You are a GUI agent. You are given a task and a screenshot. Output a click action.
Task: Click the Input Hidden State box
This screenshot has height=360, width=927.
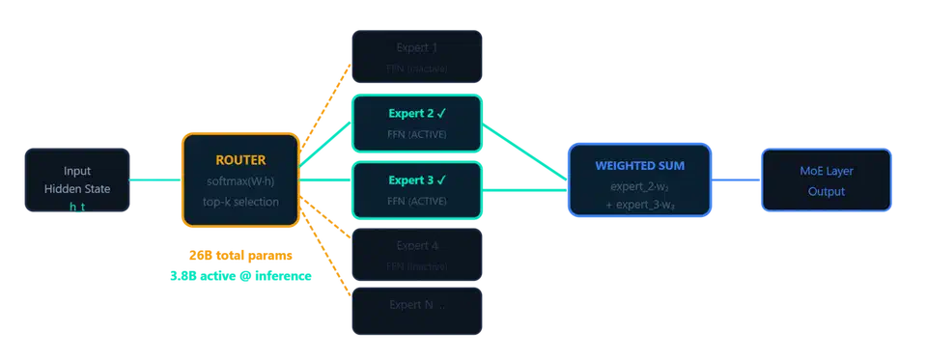click(x=76, y=180)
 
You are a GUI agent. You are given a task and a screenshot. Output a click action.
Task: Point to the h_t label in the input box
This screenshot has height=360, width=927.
click(x=77, y=208)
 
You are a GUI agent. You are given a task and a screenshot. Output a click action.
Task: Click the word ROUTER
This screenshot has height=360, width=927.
click(x=239, y=160)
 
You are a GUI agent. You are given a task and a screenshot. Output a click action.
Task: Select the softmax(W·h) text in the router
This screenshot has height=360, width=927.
click(x=239, y=181)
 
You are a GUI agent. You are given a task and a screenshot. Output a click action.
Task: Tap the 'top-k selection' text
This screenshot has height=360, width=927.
click(x=239, y=202)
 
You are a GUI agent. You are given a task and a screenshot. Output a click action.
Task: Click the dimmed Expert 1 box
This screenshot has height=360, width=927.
click(x=416, y=57)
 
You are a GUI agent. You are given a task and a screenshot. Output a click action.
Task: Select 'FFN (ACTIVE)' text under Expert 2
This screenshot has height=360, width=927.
click(x=416, y=134)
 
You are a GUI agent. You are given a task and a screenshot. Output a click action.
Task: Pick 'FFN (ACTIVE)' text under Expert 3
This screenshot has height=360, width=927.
click(x=416, y=201)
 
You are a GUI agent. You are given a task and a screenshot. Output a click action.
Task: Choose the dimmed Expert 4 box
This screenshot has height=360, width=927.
click(x=416, y=255)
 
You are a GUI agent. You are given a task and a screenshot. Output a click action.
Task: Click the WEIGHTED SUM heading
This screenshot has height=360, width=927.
click(x=638, y=164)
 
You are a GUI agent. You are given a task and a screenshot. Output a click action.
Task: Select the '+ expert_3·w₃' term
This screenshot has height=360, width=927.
click(x=638, y=204)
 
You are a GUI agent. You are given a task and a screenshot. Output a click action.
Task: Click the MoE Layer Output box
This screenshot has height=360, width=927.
click(x=826, y=180)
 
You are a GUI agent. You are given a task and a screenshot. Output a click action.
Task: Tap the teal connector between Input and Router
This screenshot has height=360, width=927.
click(x=154, y=180)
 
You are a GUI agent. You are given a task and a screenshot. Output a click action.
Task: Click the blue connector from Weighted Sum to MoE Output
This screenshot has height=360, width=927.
click(x=736, y=180)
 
